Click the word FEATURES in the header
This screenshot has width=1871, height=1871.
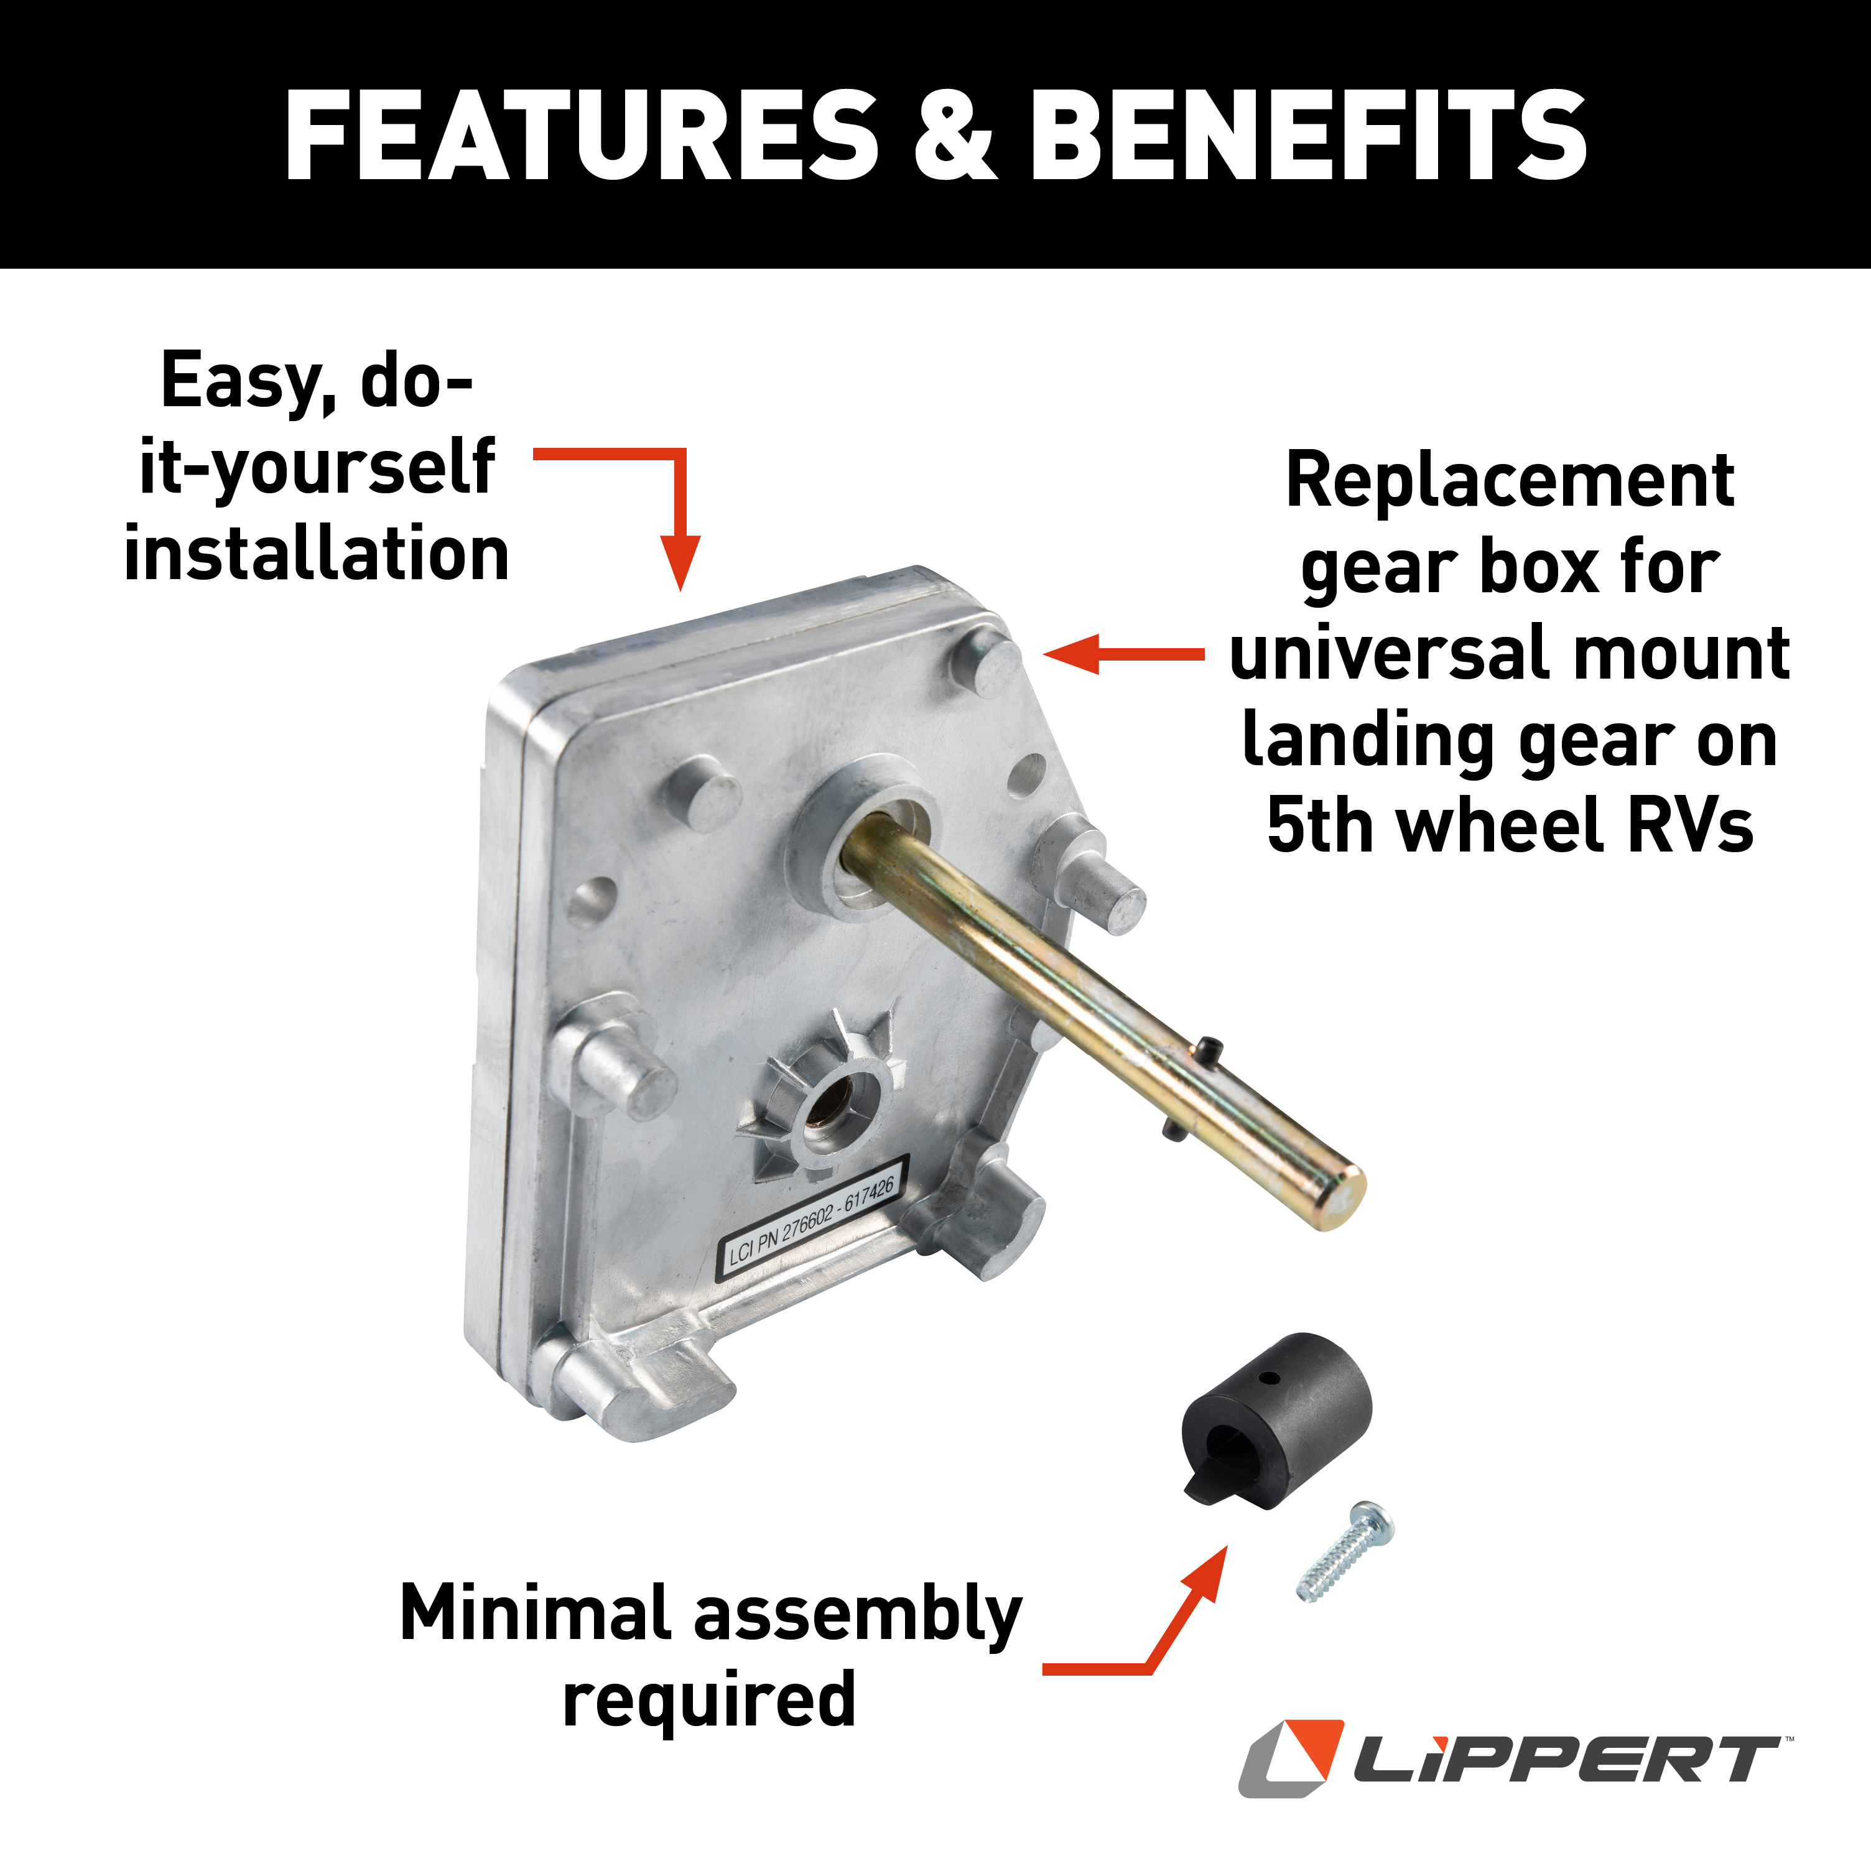point(581,136)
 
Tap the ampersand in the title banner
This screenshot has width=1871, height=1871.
point(954,136)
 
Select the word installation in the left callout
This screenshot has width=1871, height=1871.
point(317,554)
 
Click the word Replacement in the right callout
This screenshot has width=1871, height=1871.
point(1509,481)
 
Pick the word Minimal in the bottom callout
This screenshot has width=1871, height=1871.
point(536,1613)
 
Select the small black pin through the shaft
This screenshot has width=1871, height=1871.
point(1207,1048)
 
